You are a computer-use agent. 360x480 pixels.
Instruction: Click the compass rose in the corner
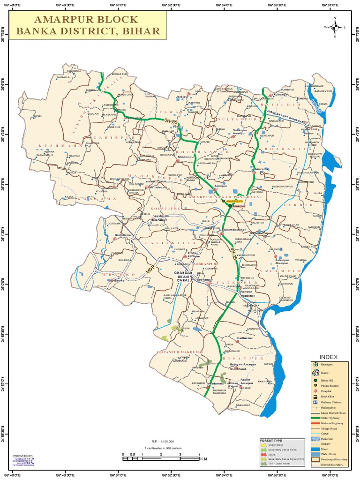pos(335,27)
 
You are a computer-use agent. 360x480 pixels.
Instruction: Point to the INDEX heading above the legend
pos(329,357)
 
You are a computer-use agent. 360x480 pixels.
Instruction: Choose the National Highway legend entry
pos(333,423)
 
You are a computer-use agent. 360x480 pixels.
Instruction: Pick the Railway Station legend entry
pos(331,402)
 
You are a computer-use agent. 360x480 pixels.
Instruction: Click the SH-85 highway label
pos(172,121)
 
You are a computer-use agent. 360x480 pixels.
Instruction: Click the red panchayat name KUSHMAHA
pos(53,146)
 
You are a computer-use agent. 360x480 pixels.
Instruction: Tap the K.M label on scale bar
pos(203,459)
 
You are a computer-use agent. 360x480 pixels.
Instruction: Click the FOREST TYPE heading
pos(271,441)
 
